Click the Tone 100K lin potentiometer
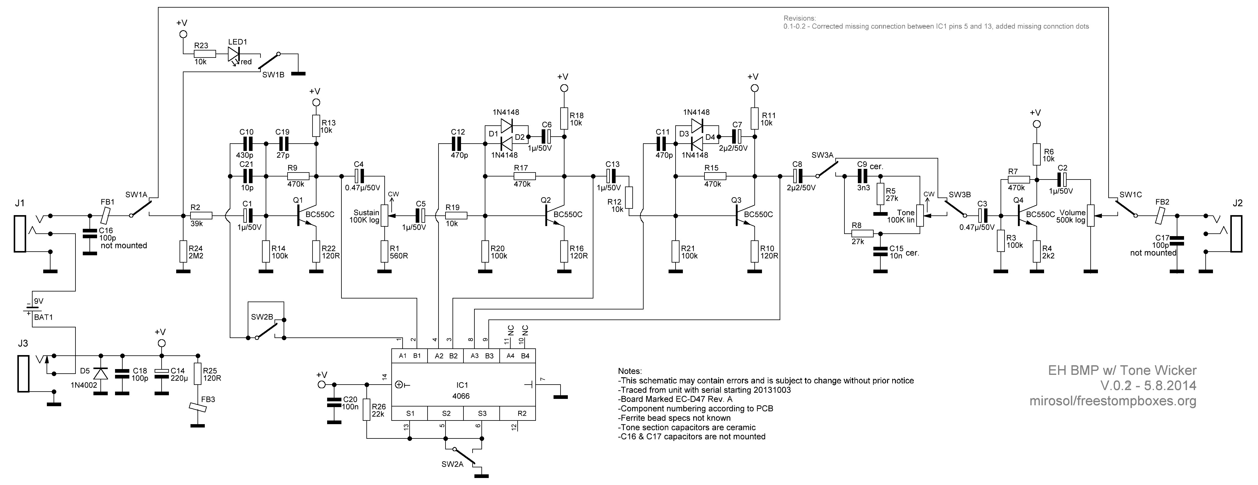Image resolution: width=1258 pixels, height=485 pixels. point(920,215)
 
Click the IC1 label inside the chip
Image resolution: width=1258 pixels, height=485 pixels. point(462,386)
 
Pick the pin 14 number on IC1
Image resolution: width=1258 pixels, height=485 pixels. point(384,377)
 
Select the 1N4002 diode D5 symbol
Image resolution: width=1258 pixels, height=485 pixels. point(101,373)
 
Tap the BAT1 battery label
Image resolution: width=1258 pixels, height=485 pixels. point(44,317)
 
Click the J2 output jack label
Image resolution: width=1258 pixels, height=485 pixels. point(1238,203)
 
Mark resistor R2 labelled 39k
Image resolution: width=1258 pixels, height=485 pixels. point(201,215)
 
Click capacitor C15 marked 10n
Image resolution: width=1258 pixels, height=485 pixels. point(880,252)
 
